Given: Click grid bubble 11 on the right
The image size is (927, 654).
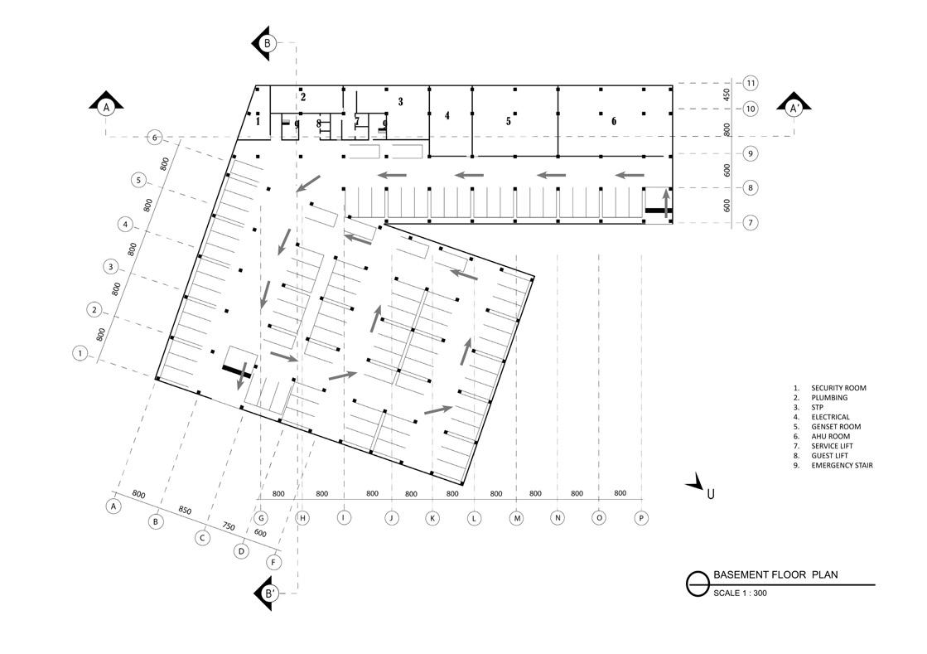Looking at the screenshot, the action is click(x=751, y=83).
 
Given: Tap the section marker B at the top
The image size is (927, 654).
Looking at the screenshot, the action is click(x=267, y=43).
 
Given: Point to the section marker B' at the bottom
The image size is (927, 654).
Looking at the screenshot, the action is click(x=268, y=593).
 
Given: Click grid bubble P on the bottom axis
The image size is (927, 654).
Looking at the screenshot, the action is click(x=641, y=518).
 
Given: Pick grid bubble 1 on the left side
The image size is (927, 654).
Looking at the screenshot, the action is click(x=80, y=353).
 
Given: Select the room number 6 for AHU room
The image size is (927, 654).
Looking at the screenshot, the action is click(x=614, y=121).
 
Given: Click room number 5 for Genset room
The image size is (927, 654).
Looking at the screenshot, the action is click(x=509, y=121).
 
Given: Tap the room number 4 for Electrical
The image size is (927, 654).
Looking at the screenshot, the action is click(x=447, y=116).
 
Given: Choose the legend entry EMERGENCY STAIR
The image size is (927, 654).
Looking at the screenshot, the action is click(x=842, y=465).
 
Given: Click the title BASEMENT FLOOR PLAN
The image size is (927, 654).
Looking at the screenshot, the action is click(x=775, y=574).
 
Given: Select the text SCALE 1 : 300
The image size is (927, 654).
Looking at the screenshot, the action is click(x=740, y=593).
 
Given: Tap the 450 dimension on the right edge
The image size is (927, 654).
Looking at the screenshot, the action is click(x=727, y=94).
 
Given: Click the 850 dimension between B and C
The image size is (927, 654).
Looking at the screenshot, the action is click(x=184, y=511).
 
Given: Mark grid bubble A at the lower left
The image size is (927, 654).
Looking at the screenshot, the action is click(x=114, y=505).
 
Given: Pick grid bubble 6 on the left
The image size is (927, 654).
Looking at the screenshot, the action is click(x=155, y=137).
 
